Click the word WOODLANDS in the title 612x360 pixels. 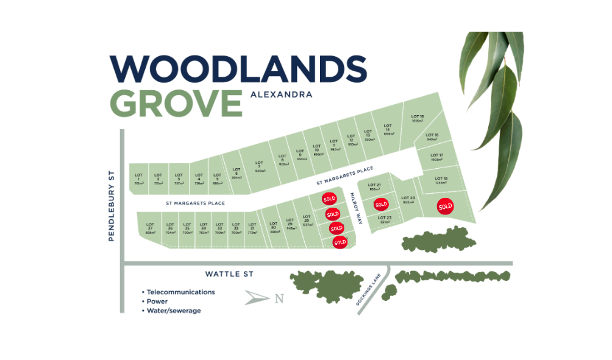pyautogui.click(x=238, y=68)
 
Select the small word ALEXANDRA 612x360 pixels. pyautogui.click(x=281, y=94)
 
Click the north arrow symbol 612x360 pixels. pyautogui.click(x=257, y=298)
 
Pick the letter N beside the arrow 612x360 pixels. pyautogui.click(x=279, y=298)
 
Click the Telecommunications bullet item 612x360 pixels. pyautogui.click(x=180, y=292)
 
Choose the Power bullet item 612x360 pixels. pyautogui.click(x=157, y=301)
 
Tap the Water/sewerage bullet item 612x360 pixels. pyautogui.click(x=173, y=311)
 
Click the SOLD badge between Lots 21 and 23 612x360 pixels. pyautogui.click(x=381, y=204)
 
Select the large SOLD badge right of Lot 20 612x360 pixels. pyautogui.click(x=446, y=206)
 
